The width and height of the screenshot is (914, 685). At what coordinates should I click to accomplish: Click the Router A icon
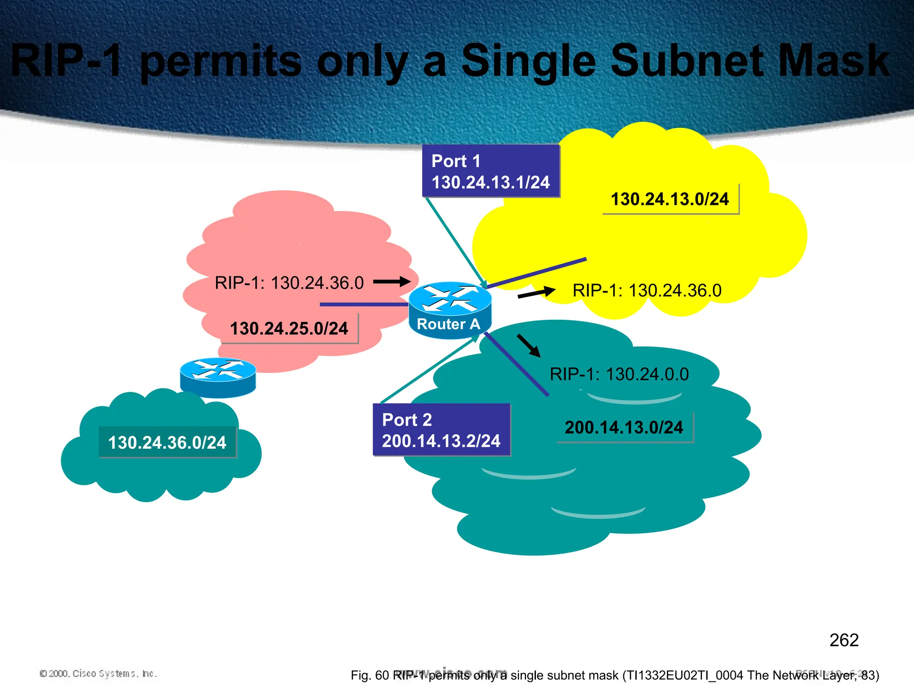tap(450, 309)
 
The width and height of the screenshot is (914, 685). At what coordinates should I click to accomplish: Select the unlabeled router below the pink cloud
tap(218, 377)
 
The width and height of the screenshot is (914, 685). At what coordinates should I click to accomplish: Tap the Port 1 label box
tap(490, 171)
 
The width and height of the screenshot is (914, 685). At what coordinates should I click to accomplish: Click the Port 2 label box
tap(441, 430)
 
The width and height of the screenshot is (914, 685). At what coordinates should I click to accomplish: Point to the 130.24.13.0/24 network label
tap(669, 199)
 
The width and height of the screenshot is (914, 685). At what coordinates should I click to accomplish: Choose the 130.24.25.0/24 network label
tap(289, 329)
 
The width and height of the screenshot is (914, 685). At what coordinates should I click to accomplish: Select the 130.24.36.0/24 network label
tap(167, 442)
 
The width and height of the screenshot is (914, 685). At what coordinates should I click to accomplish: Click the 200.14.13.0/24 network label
tap(624, 427)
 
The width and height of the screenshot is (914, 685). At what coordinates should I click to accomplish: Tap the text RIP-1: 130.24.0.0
tap(619, 374)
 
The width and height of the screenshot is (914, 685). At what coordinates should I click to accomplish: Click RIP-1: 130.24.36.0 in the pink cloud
tap(289, 283)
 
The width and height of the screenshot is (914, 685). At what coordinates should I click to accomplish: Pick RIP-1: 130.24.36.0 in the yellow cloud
tap(647, 291)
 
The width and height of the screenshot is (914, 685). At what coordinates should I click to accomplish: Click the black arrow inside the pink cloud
tap(391, 281)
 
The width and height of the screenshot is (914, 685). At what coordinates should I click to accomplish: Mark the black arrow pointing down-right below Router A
tap(529, 346)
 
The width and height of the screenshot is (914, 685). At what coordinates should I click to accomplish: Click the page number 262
tap(843, 640)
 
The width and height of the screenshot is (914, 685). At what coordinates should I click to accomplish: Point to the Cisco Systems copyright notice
tap(98, 673)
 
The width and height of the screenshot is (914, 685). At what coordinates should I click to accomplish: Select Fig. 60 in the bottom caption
tap(370, 675)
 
